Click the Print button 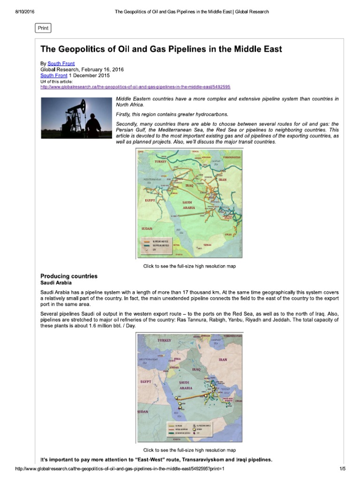(x=43, y=28)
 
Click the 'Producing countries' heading (x=69, y=276)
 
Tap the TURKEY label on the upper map (x=157, y=161)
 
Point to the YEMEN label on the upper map (x=208, y=245)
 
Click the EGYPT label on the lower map (x=147, y=382)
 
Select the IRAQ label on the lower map (x=196, y=369)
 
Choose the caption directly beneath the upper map (x=189, y=266)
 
